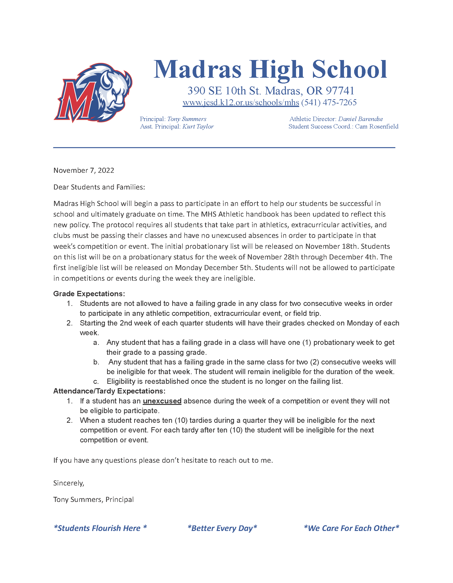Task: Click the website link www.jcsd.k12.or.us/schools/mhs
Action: [x=241, y=103]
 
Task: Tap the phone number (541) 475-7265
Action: [x=329, y=103]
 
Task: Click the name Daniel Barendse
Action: [x=360, y=119]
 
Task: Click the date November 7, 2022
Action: [x=84, y=170]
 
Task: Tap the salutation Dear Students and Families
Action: [x=99, y=187]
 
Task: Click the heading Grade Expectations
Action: [x=89, y=294]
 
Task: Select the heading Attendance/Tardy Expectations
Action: [x=109, y=391]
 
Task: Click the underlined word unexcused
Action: [x=162, y=401]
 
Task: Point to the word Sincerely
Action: [x=69, y=483]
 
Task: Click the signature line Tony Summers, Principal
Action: [x=93, y=500]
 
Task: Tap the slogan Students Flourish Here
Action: [x=100, y=528]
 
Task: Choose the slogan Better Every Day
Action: [x=222, y=528]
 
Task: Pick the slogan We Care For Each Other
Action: [x=351, y=528]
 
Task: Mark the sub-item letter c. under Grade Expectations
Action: [x=96, y=382]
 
